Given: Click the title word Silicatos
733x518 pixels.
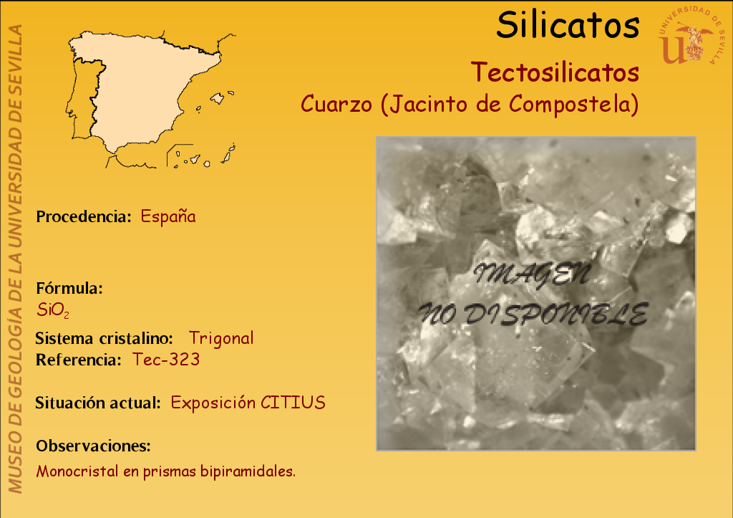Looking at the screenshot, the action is coord(568,25).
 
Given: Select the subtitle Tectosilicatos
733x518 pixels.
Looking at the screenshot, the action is coord(555,72).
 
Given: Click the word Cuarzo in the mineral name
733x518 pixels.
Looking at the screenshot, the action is coord(336,104).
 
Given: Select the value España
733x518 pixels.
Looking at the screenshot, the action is coord(168,216).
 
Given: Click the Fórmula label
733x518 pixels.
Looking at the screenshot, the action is coord(69,288).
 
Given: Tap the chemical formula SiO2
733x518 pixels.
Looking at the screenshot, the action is coord(53,310).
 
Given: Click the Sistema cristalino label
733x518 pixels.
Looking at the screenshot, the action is coord(105,338).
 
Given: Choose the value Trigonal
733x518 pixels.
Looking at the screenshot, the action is coord(221,338).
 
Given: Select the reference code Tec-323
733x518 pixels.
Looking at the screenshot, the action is coord(166,360).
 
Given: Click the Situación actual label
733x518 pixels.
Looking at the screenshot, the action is coord(98,403).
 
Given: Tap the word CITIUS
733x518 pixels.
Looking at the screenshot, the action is coord(293,403).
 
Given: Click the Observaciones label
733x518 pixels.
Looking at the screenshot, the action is coord(94,446).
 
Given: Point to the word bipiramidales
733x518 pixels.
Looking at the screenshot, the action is coord(248,471).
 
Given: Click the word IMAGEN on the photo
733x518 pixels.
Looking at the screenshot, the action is coord(532,274).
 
